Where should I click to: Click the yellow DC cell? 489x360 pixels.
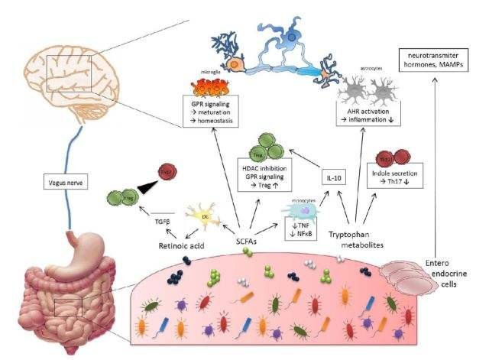(205, 217)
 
